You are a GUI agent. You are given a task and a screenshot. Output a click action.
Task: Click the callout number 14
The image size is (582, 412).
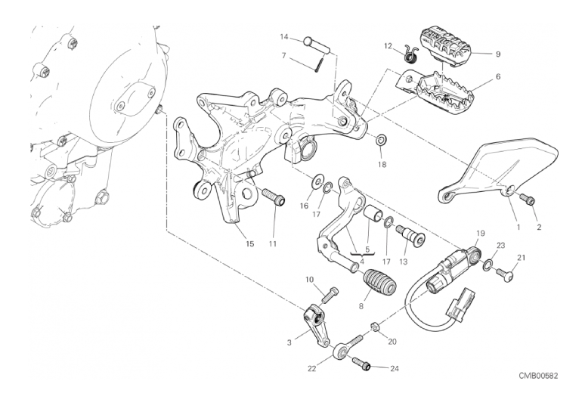[x=284, y=36]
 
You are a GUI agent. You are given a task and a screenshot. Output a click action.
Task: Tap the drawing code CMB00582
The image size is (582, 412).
[x=538, y=376]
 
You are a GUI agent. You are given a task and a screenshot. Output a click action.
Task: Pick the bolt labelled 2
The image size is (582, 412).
[x=530, y=200]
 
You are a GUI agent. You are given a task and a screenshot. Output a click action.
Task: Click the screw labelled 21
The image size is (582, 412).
[x=506, y=277]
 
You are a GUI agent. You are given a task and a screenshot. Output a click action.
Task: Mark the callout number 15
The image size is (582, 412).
[x=250, y=243]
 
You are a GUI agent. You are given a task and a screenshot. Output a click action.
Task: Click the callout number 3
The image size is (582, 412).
[x=289, y=342]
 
